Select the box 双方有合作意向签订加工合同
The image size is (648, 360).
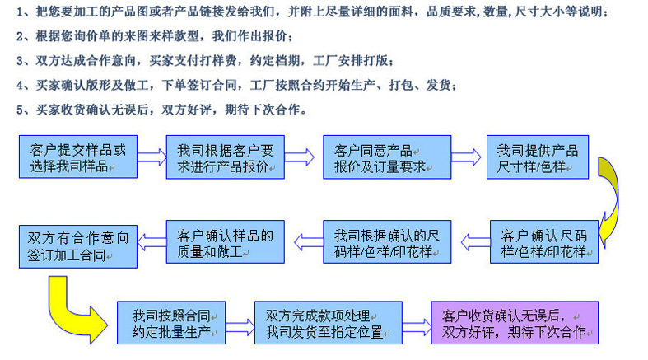tap(78, 245)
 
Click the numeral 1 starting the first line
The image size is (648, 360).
tap(18, 13)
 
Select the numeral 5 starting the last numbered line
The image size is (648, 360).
tap(18, 109)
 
